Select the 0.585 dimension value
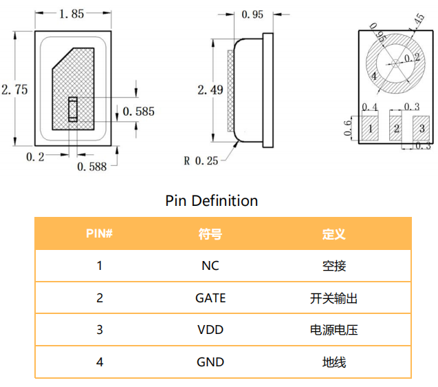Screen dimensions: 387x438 tap(138, 111)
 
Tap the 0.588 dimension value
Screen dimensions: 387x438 tap(92, 166)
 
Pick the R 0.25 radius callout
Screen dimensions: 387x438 tap(201, 160)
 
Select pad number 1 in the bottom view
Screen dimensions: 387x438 tap(370, 128)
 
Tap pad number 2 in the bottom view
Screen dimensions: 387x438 tap(396, 128)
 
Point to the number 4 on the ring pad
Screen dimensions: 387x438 tap(373, 77)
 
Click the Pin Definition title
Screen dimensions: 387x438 tap(212, 200)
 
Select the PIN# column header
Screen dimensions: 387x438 tap(99, 234)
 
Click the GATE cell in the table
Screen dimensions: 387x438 tap(210, 298)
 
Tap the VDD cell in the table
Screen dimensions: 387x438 tap(210, 330)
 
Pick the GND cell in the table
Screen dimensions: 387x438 tap(210, 362)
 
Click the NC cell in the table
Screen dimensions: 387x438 tap(210, 266)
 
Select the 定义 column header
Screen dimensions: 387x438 tap(333, 234)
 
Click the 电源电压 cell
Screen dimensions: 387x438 tap(333, 330)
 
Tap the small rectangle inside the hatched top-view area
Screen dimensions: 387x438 tap(72, 109)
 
